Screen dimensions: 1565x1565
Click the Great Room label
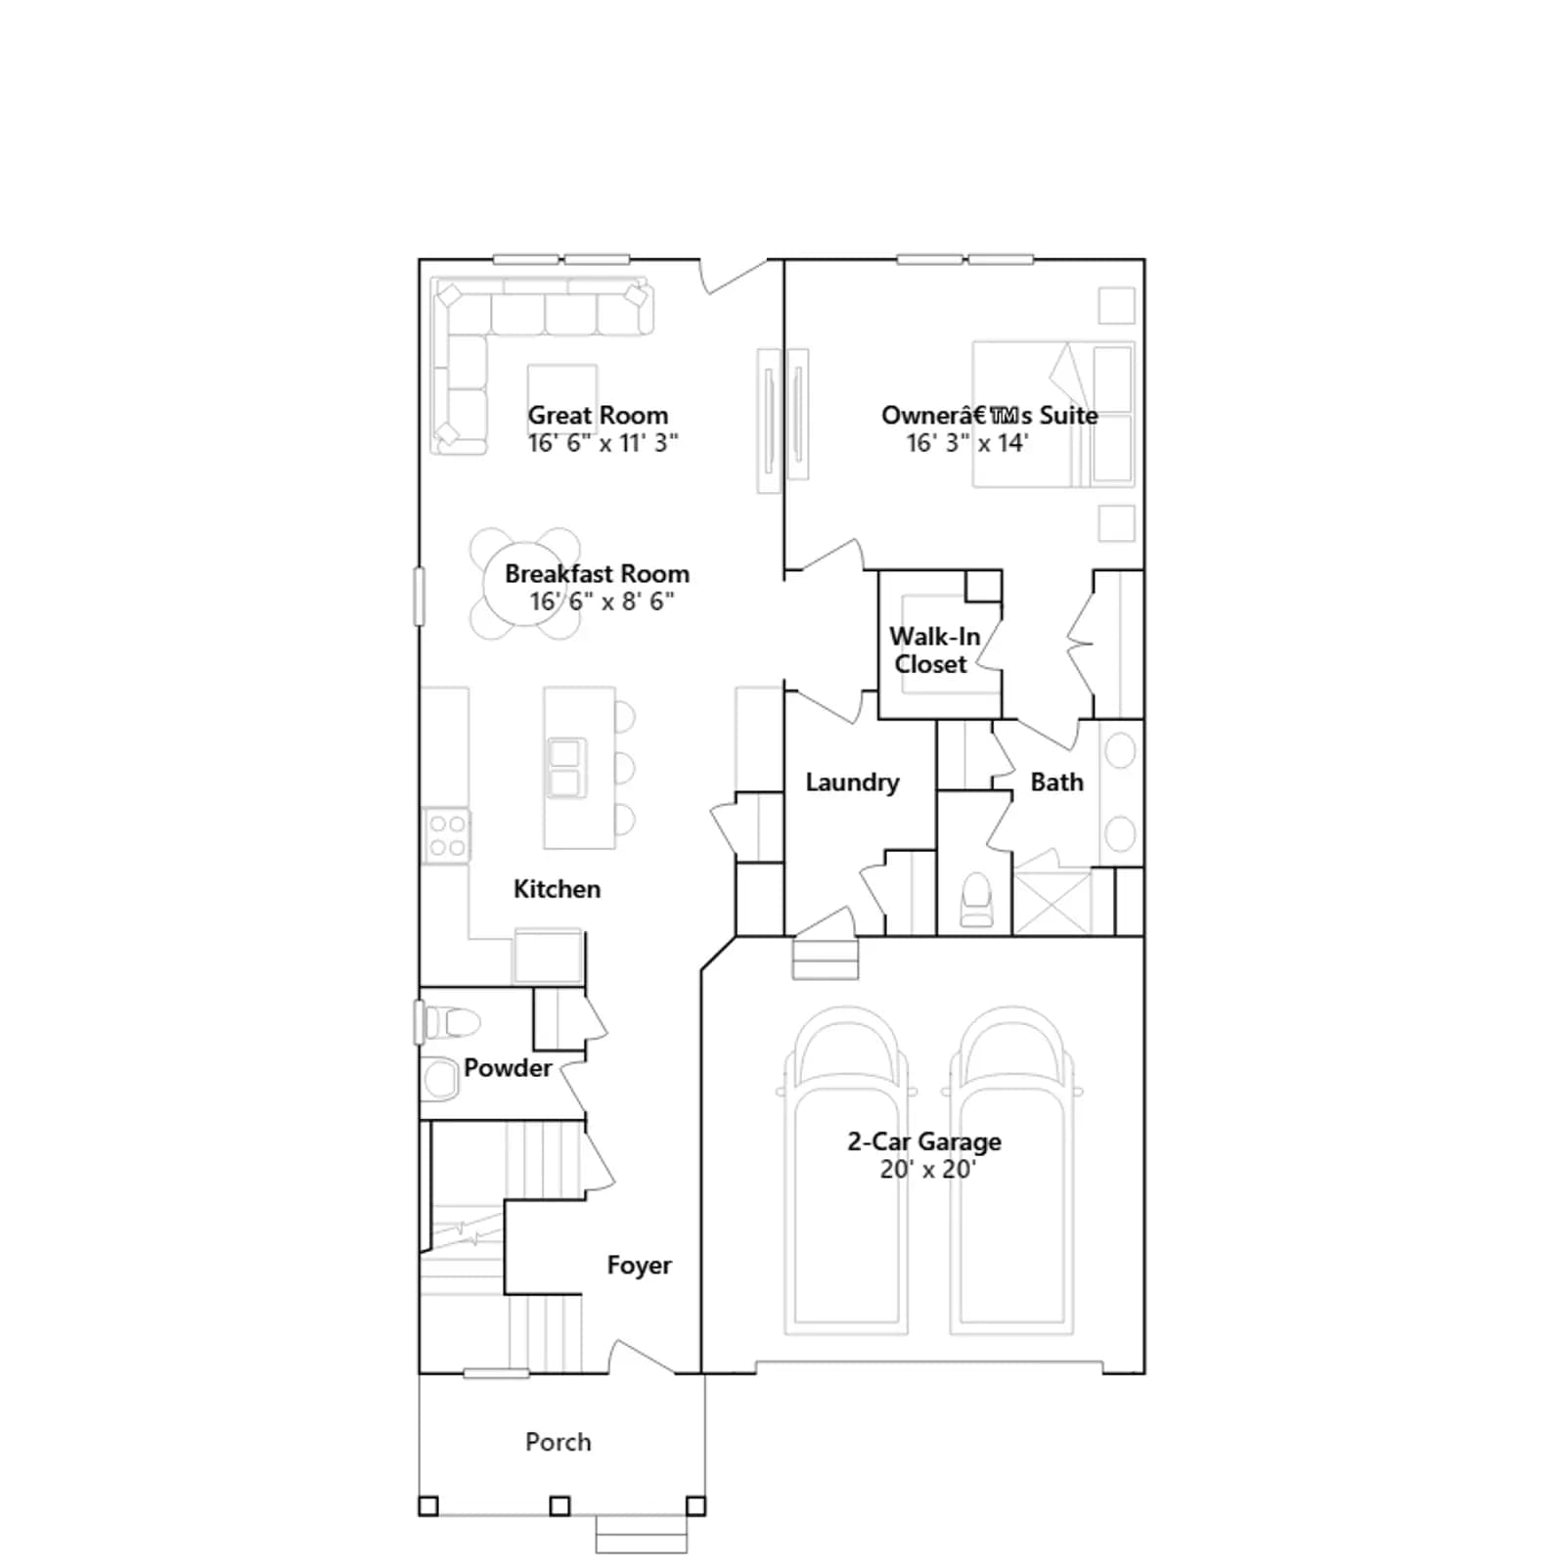tap(598, 416)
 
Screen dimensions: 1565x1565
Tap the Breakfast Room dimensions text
tap(602, 602)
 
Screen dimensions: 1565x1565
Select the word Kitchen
tap(557, 889)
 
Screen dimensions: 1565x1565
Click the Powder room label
tap(508, 1068)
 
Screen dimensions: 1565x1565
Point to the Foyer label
tap(639, 1266)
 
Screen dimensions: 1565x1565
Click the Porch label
tap(558, 1442)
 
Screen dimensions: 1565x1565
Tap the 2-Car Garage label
tap(924, 1141)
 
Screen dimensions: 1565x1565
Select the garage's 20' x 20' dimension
tap(927, 1169)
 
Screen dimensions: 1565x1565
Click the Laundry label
tap(852, 782)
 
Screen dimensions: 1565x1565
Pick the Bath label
tap(1056, 782)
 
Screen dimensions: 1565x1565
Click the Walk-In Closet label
tap(933, 650)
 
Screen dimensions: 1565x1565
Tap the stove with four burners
tap(446, 836)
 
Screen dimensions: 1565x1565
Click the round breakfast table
tap(525, 584)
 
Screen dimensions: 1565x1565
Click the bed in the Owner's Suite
tap(1053, 414)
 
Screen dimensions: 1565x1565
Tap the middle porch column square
tap(559, 1505)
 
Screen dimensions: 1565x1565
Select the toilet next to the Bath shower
tap(977, 901)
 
